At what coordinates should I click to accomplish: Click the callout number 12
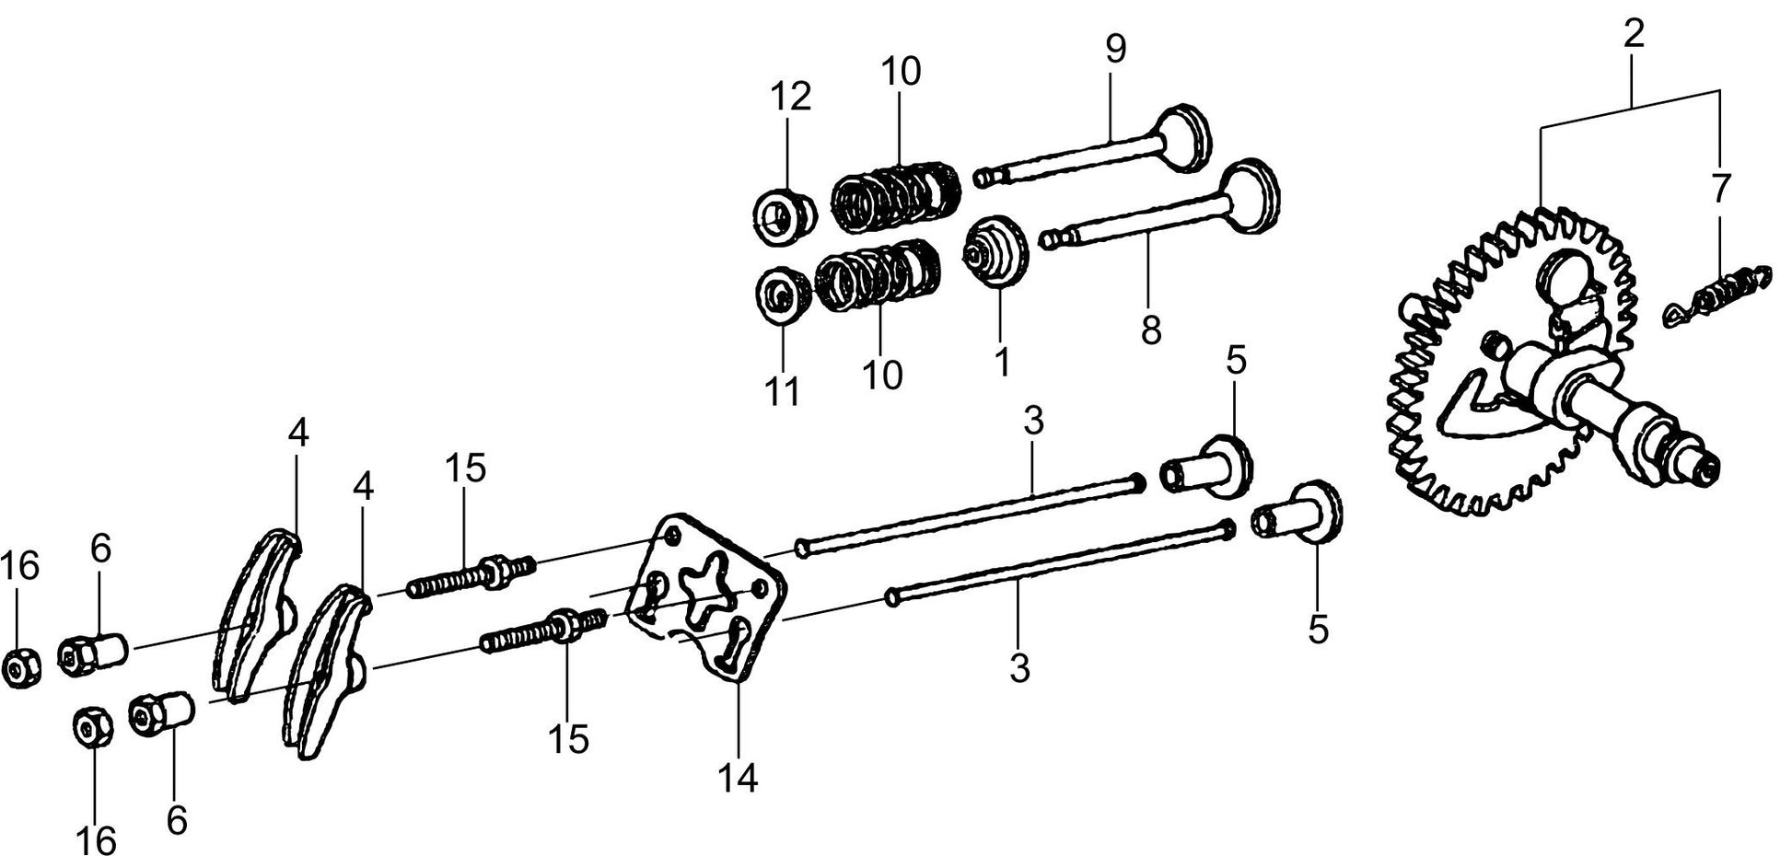pyautogui.click(x=790, y=96)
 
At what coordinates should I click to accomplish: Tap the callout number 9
pyautogui.click(x=1115, y=50)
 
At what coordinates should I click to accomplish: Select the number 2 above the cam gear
pyautogui.click(x=1633, y=35)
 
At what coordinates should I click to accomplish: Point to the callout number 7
pyautogui.click(x=1719, y=188)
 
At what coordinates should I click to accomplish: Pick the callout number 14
pyautogui.click(x=739, y=778)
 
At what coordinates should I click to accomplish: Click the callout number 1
pyautogui.click(x=1002, y=361)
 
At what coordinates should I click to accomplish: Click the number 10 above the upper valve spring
pyautogui.click(x=900, y=71)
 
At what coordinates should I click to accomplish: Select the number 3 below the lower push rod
pyautogui.click(x=1018, y=668)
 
